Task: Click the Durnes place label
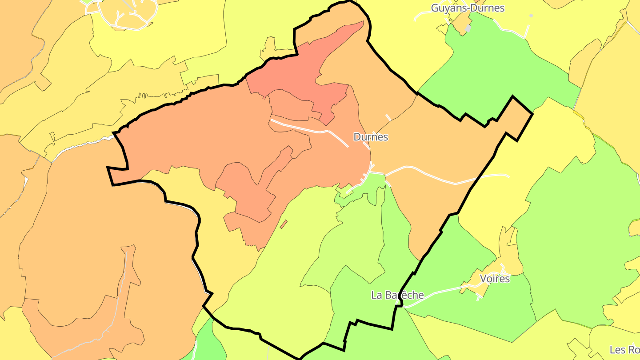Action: (371, 137)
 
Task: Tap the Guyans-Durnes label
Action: (468, 8)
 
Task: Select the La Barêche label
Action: (397, 295)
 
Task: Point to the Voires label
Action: (495, 279)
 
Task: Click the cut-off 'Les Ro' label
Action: (624, 350)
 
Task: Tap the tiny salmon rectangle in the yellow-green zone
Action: (284, 224)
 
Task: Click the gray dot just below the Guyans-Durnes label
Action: (468, 28)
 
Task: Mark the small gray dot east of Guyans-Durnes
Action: (531, 16)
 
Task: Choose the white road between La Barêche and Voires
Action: (440, 293)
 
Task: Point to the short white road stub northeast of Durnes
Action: (388, 117)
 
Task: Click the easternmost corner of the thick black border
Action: (532, 114)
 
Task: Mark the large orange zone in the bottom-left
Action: (89, 249)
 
